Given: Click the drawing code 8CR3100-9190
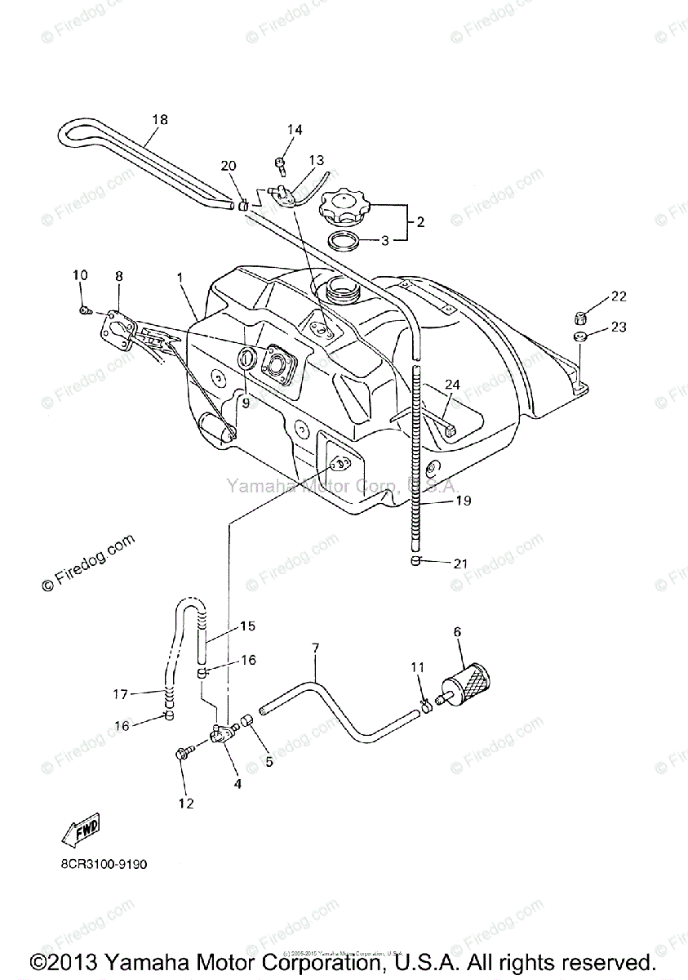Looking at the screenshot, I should click(102, 864).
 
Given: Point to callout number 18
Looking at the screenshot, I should click(159, 119).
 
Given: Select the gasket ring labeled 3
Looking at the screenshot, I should click(347, 242).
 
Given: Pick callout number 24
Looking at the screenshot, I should click(453, 383).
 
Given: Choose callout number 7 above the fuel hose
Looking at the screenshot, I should click(315, 648).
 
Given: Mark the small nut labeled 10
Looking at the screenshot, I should click(86, 309).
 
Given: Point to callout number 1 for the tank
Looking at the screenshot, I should click(179, 278).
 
